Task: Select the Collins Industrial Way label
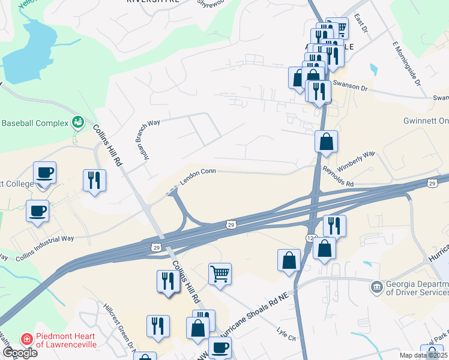[44, 239]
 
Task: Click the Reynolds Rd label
[338, 178]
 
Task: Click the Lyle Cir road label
[287, 335]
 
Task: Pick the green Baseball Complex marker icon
[77, 123]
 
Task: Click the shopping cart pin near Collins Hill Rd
[220, 273]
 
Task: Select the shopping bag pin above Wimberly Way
[326, 142]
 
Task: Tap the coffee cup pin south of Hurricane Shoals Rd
[220, 346]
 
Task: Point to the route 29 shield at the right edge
[432, 182]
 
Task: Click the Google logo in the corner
[20, 352]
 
